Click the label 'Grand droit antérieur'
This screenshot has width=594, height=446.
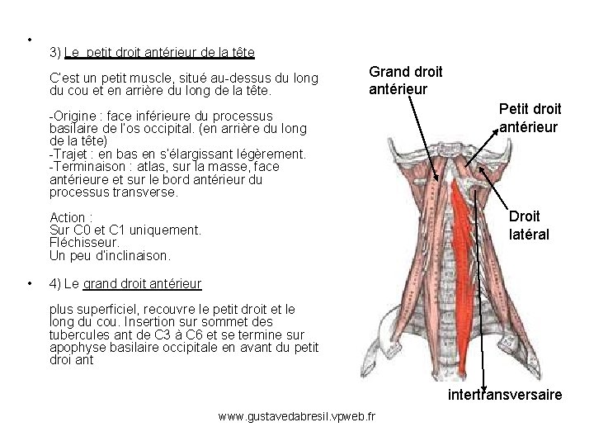(405, 81)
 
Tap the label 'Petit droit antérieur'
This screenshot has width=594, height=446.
(530, 117)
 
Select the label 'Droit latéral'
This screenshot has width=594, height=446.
(528, 225)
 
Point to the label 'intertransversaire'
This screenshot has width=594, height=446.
(505, 395)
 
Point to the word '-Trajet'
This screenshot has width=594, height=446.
(69, 154)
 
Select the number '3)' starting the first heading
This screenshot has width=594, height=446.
(55, 53)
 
